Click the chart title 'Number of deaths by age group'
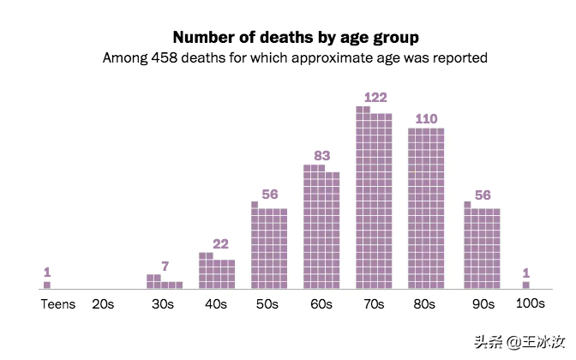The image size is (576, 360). [296, 38]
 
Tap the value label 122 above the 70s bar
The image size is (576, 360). [375, 98]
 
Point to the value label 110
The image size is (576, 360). [426, 119]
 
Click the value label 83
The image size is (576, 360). [321, 156]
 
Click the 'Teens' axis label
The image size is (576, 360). [58, 304]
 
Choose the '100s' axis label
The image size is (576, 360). [530, 304]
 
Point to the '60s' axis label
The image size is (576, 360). [321, 304]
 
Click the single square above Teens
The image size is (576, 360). [47, 285]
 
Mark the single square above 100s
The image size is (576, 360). [525, 285]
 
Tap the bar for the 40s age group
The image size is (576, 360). [217, 273]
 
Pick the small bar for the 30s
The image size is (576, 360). [164, 284]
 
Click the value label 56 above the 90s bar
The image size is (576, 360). [483, 195]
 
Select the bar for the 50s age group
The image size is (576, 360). [269, 248]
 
